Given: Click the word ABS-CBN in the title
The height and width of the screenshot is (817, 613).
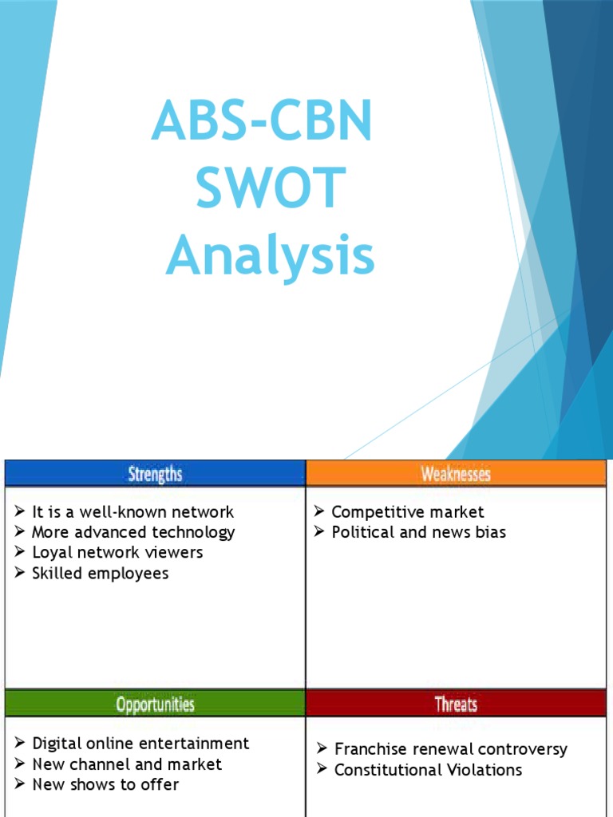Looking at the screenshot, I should coord(262,120).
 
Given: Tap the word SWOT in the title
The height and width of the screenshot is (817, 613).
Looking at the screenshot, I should coord(270,189).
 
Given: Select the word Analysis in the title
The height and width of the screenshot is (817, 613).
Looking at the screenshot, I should coord(270,257).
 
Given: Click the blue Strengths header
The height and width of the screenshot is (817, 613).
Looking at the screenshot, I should coord(155,474).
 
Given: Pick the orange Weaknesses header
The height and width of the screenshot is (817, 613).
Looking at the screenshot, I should coord(456,474).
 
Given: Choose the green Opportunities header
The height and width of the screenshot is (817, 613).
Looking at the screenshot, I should coord(155,704).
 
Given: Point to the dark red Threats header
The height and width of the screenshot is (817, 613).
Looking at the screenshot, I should coord(456,704).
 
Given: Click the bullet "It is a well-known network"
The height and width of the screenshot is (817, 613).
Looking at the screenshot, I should coord(132,511).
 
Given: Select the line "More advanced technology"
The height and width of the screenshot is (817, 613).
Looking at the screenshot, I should coord(132,532).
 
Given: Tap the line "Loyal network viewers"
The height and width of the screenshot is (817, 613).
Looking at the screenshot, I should coord(117,552).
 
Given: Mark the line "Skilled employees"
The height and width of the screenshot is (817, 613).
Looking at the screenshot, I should coord(100,573).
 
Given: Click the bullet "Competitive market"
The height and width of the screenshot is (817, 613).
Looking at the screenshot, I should coord(407,511).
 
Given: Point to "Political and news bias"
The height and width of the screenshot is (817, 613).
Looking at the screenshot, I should coord(418,532).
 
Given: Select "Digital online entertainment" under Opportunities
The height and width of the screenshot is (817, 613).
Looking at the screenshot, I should coord(140,744).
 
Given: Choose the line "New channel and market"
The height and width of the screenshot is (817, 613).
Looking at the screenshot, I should coord(127,764).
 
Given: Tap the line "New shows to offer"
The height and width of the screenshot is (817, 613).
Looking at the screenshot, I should coord(105,784).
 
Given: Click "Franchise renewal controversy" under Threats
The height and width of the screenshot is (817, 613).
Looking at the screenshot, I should coord(450,749).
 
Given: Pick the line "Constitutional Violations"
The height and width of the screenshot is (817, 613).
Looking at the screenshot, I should coord(428,770).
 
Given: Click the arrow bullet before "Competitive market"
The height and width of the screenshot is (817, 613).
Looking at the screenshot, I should coord(318,511).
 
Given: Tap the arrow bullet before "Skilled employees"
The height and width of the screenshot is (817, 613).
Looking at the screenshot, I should coord(20,573).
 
